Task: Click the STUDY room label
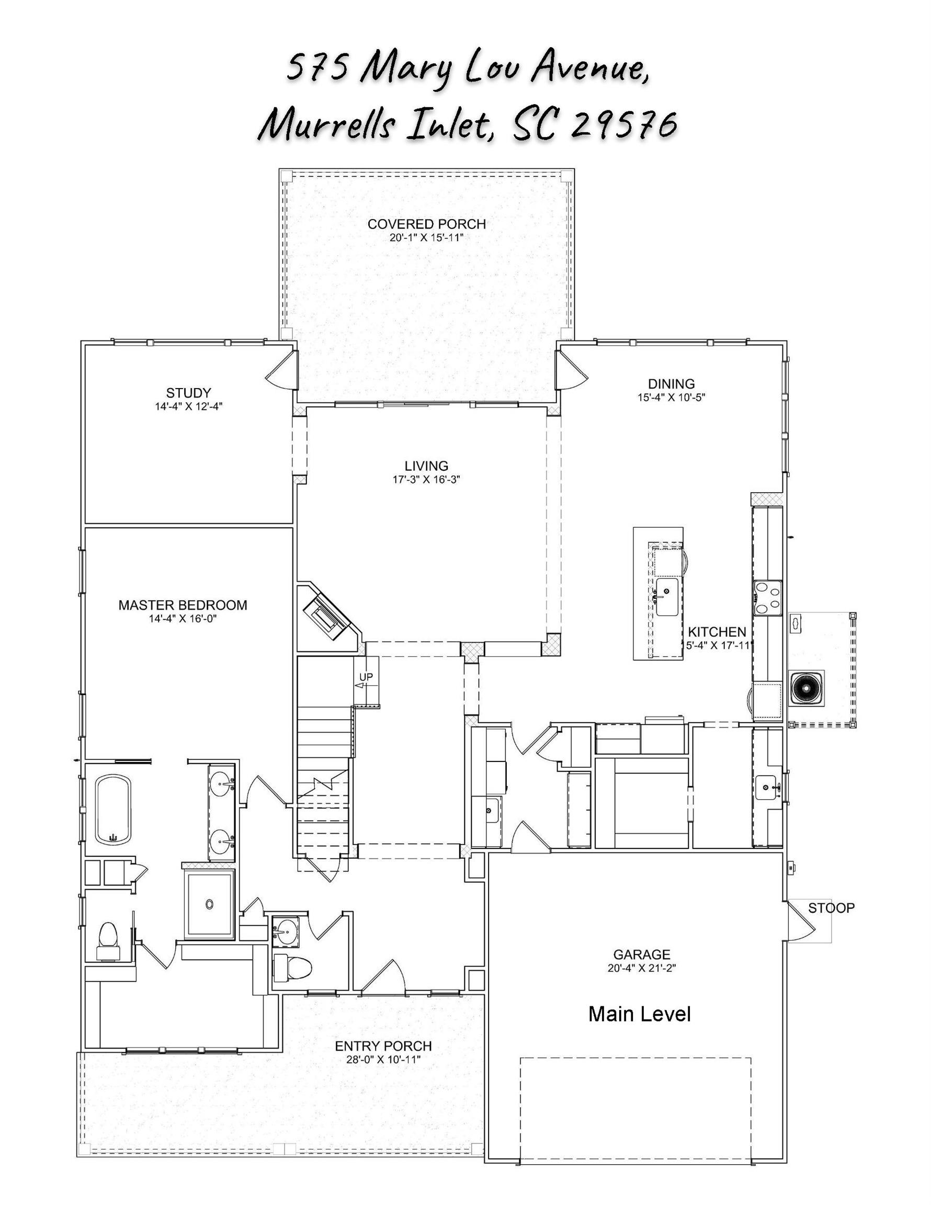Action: (x=188, y=393)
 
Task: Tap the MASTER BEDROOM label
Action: (x=183, y=605)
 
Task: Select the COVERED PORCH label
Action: (x=427, y=224)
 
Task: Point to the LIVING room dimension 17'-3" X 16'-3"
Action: (x=426, y=480)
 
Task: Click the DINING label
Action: (x=671, y=383)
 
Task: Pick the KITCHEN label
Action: (x=717, y=632)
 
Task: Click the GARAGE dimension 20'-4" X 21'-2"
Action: (x=642, y=967)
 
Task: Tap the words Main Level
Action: (x=640, y=1014)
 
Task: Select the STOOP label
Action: (x=831, y=907)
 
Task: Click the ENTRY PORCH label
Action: (x=383, y=1045)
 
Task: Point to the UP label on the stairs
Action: (x=366, y=676)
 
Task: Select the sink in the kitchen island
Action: (x=667, y=596)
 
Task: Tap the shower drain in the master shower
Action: (x=209, y=904)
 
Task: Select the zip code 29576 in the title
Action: (x=623, y=123)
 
